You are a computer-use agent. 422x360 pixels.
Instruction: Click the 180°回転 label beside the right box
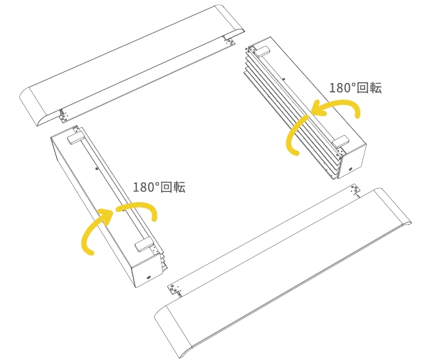point(356,88)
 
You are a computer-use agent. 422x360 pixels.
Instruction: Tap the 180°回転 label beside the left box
point(159,187)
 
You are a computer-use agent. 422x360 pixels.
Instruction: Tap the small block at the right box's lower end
point(340,142)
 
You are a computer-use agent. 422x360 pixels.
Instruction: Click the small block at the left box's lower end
point(144,245)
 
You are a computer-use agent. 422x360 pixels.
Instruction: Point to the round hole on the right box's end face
point(351,169)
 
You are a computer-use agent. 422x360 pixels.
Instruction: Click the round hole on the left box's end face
point(149,277)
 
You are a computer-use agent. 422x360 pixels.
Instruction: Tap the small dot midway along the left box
point(97,169)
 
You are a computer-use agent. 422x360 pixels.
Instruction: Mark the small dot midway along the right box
point(284,80)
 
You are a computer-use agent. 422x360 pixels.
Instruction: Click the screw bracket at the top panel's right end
point(229,42)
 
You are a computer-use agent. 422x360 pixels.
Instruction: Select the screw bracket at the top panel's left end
point(64,117)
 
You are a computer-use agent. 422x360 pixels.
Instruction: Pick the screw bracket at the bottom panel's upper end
point(356,190)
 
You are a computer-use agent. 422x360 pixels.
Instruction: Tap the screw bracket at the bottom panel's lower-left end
point(175,289)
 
